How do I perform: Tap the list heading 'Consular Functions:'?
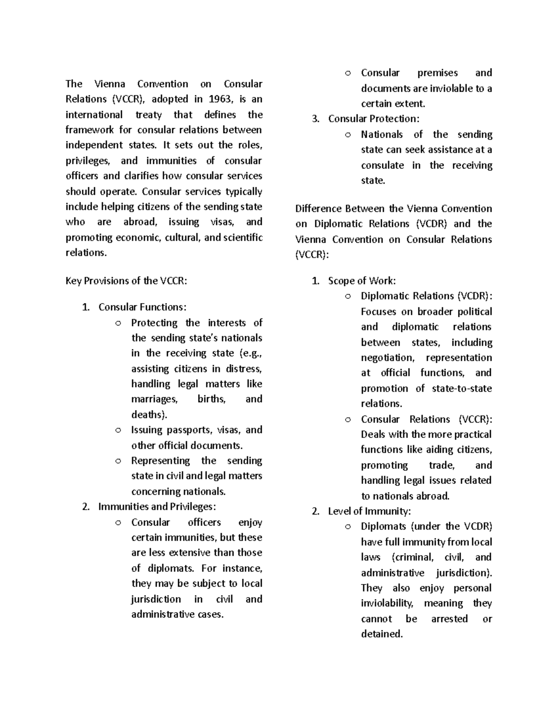pyautogui.click(x=142, y=307)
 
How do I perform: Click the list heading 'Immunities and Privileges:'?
pyautogui.click(x=157, y=507)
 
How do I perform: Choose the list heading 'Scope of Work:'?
pyautogui.click(x=362, y=281)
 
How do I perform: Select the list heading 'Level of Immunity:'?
pyautogui.click(x=369, y=511)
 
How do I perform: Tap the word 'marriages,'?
pyautogui.click(x=154, y=399)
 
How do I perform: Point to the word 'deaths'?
pyautogui.click(x=147, y=415)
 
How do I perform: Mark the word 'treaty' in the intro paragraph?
pyautogui.click(x=148, y=114)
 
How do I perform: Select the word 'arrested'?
pyautogui.click(x=449, y=619)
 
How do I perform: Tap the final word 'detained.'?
pyautogui.click(x=382, y=634)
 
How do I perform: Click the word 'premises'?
pyautogui.click(x=437, y=73)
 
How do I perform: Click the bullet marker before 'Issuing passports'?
pyautogui.click(x=119, y=431)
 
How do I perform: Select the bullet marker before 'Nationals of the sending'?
pyautogui.click(x=348, y=135)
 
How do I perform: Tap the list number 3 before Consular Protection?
pyautogui.click(x=316, y=119)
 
